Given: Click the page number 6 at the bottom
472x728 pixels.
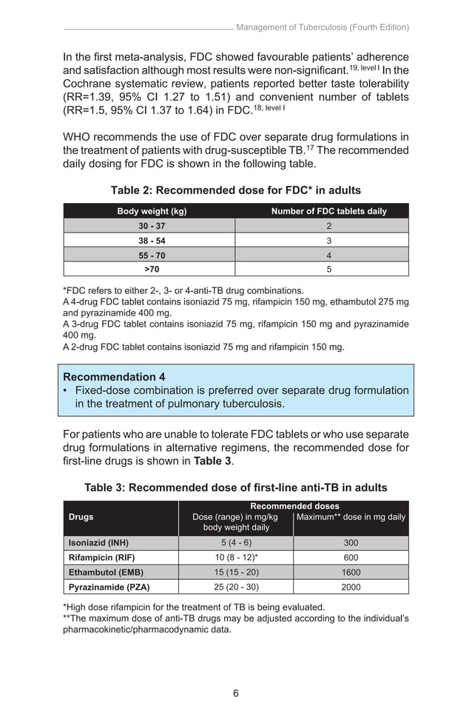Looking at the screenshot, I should pos(235,693).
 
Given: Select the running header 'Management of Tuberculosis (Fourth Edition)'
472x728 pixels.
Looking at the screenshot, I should pos(322,27).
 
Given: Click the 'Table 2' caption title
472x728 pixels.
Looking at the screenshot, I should pos(235,190).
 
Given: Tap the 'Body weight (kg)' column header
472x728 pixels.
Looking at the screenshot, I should pos(152,211).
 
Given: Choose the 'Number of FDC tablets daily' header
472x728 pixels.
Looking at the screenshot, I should pos(328,211).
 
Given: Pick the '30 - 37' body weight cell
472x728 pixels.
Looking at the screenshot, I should pos(150,226).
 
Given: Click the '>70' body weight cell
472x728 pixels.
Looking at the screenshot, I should pos(150,269).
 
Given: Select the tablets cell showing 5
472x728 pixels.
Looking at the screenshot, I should pos(328,269).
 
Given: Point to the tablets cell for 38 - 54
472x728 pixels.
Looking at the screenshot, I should pos(328,241).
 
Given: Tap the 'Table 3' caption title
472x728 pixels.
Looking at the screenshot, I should pos(235,487).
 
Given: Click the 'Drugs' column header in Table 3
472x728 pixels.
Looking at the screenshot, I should pos(81,517).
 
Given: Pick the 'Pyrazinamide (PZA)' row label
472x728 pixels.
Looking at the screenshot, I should pos(109,587).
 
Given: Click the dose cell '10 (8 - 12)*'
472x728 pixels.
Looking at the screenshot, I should pos(235,557).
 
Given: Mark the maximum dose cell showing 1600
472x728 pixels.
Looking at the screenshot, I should pos(351,572).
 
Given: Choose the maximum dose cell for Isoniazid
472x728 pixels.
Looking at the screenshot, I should pos(351,542).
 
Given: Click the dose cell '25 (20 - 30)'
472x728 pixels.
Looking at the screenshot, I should pos(235,587).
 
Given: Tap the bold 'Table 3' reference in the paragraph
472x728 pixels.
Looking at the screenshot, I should pos(212,461).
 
